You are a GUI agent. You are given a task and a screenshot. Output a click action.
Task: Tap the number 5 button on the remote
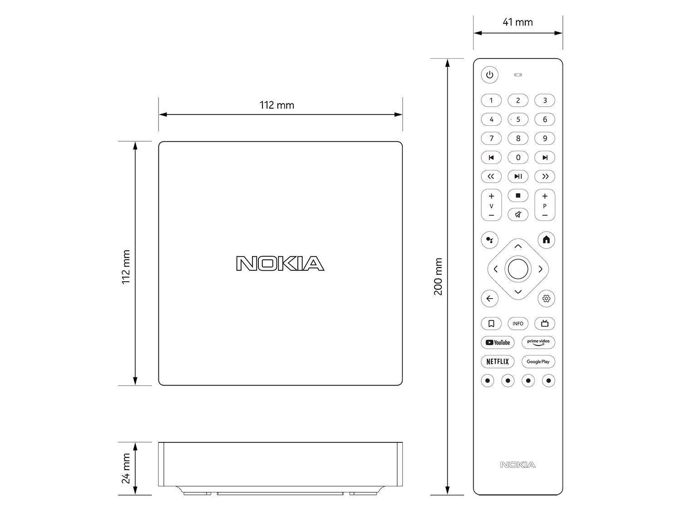[x=518, y=119]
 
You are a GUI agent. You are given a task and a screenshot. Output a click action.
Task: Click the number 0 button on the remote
[x=518, y=158]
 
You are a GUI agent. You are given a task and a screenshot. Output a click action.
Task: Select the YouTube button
[x=497, y=342]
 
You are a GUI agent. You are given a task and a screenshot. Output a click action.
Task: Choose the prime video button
[x=538, y=342]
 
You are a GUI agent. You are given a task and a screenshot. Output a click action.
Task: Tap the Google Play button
[x=538, y=362]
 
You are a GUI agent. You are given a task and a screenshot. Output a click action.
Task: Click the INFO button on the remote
[x=518, y=323]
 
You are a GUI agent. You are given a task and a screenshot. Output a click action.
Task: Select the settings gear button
[x=546, y=298]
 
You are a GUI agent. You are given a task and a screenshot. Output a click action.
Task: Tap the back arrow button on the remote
[x=489, y=298]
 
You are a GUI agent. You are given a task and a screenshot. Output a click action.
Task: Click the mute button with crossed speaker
[x=518, y=214]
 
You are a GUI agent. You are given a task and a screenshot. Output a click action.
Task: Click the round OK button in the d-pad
[x=518, y=269]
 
